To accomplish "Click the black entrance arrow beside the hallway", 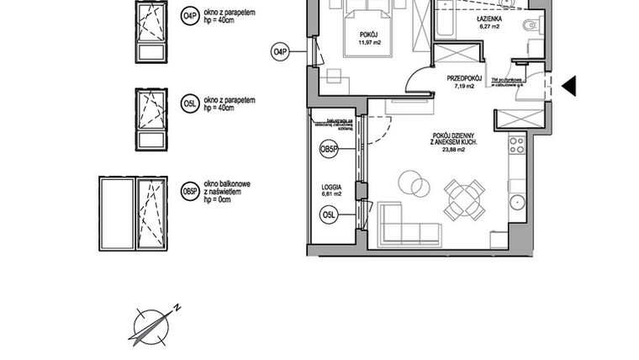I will (x=568, y=85).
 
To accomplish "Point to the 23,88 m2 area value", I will (x=456, y=152).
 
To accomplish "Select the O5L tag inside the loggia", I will (x=330, y=217).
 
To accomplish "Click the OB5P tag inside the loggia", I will (x=330, y=149).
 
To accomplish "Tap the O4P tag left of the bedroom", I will (x=280, y=52).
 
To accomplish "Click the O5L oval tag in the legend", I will (x=190, y=103).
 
